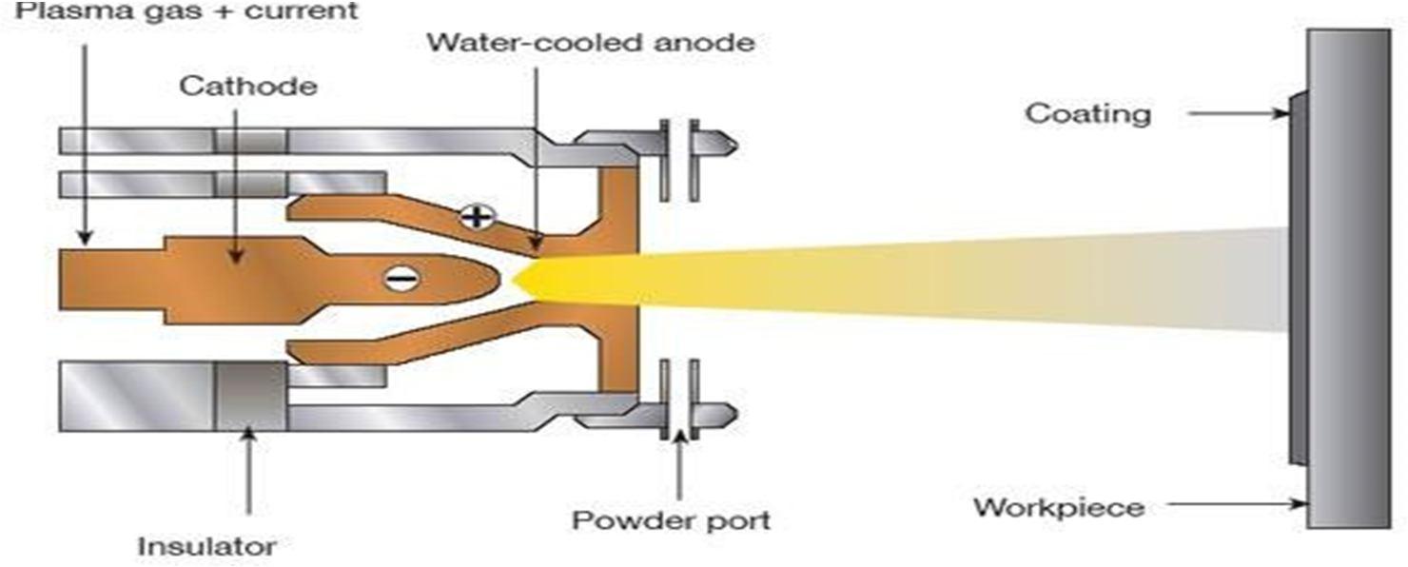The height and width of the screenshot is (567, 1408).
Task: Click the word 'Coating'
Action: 1087,114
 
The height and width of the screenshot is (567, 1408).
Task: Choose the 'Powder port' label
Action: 671,520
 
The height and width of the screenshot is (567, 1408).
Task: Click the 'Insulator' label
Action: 206,547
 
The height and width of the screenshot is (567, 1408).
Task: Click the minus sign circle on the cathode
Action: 401,278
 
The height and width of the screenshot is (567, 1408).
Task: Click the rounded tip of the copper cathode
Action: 490,277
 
